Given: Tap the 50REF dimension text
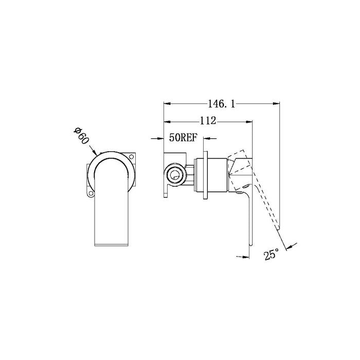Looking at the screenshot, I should tap(183, 138).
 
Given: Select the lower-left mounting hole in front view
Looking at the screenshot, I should tap(91, 194).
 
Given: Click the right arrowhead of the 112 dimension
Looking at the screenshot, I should tap(251, 121).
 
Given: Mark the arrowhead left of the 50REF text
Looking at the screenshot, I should tap(161, 138).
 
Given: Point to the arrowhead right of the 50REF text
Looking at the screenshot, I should tap(208, 138).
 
